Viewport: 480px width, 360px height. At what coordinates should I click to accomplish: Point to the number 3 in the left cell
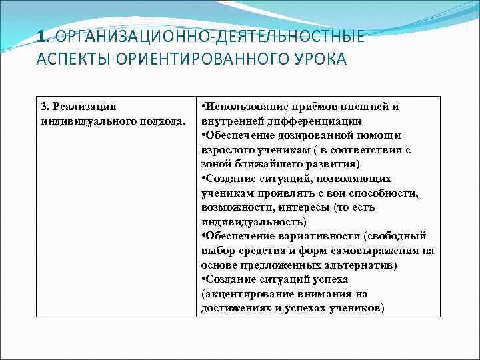tap(44, 107)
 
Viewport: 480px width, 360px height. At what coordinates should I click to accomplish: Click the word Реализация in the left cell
tap(84, 107)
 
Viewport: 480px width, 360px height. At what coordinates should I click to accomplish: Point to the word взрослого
tap(226, 150)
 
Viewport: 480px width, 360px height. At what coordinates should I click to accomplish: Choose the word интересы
tap(309, 207)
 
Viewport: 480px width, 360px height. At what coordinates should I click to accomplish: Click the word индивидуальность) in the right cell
tap(254, 221)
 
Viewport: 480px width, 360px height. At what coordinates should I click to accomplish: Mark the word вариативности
tap(313, 236)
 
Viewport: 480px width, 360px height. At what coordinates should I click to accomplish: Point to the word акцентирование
tap(246, 293)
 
